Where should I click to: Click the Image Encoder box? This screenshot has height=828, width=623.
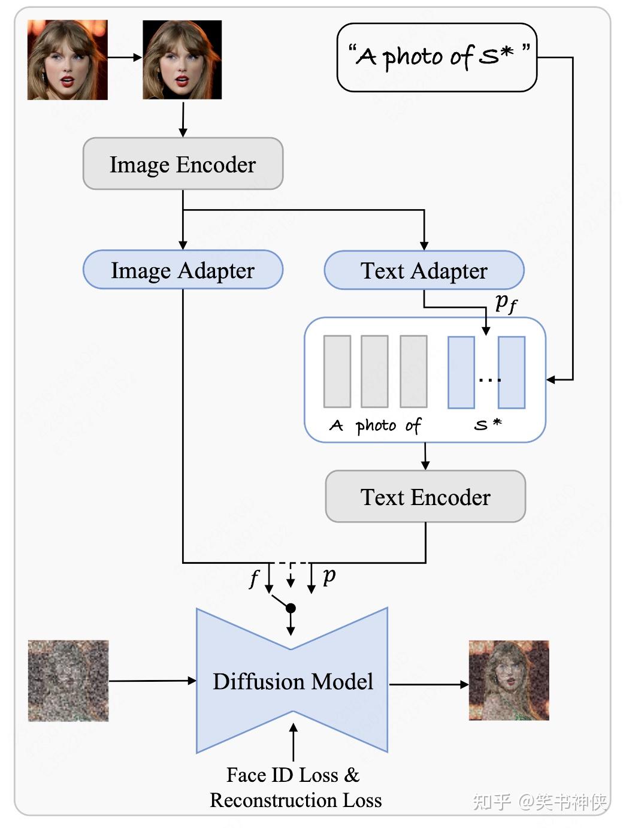pos(183,164)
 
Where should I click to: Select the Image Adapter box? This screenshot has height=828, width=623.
pos(183,270)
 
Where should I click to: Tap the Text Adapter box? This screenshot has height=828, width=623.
pos(424,270)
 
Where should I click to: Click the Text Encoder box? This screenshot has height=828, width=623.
pos(425,497)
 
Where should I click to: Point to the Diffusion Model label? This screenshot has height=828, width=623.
pos(292,681)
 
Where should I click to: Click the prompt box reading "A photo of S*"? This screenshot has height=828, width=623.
pos(437,58)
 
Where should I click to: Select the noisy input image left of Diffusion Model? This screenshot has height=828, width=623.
pos(68,681)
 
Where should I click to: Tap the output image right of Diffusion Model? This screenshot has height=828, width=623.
pos(509,681)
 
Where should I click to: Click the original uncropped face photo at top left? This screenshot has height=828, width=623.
pos(68,59)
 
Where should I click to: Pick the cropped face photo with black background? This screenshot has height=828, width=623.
pos(182,59)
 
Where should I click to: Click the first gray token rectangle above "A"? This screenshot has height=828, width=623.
pos(337,371)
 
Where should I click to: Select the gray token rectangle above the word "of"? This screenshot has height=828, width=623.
pos(413,371)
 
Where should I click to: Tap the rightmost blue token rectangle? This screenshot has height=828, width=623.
pos(512,372)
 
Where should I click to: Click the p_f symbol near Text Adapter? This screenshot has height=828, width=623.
pos(506,303)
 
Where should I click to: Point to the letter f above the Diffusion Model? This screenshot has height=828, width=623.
pos(255,579)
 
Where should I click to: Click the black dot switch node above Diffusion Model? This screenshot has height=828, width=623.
pos(291,608)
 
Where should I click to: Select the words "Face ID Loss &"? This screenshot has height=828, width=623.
pos(293,775)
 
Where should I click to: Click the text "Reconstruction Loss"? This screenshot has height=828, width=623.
pos(295,800)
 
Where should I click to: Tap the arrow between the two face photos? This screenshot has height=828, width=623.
pos(125,58)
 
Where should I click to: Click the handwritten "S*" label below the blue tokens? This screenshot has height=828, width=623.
pos(488,425)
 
